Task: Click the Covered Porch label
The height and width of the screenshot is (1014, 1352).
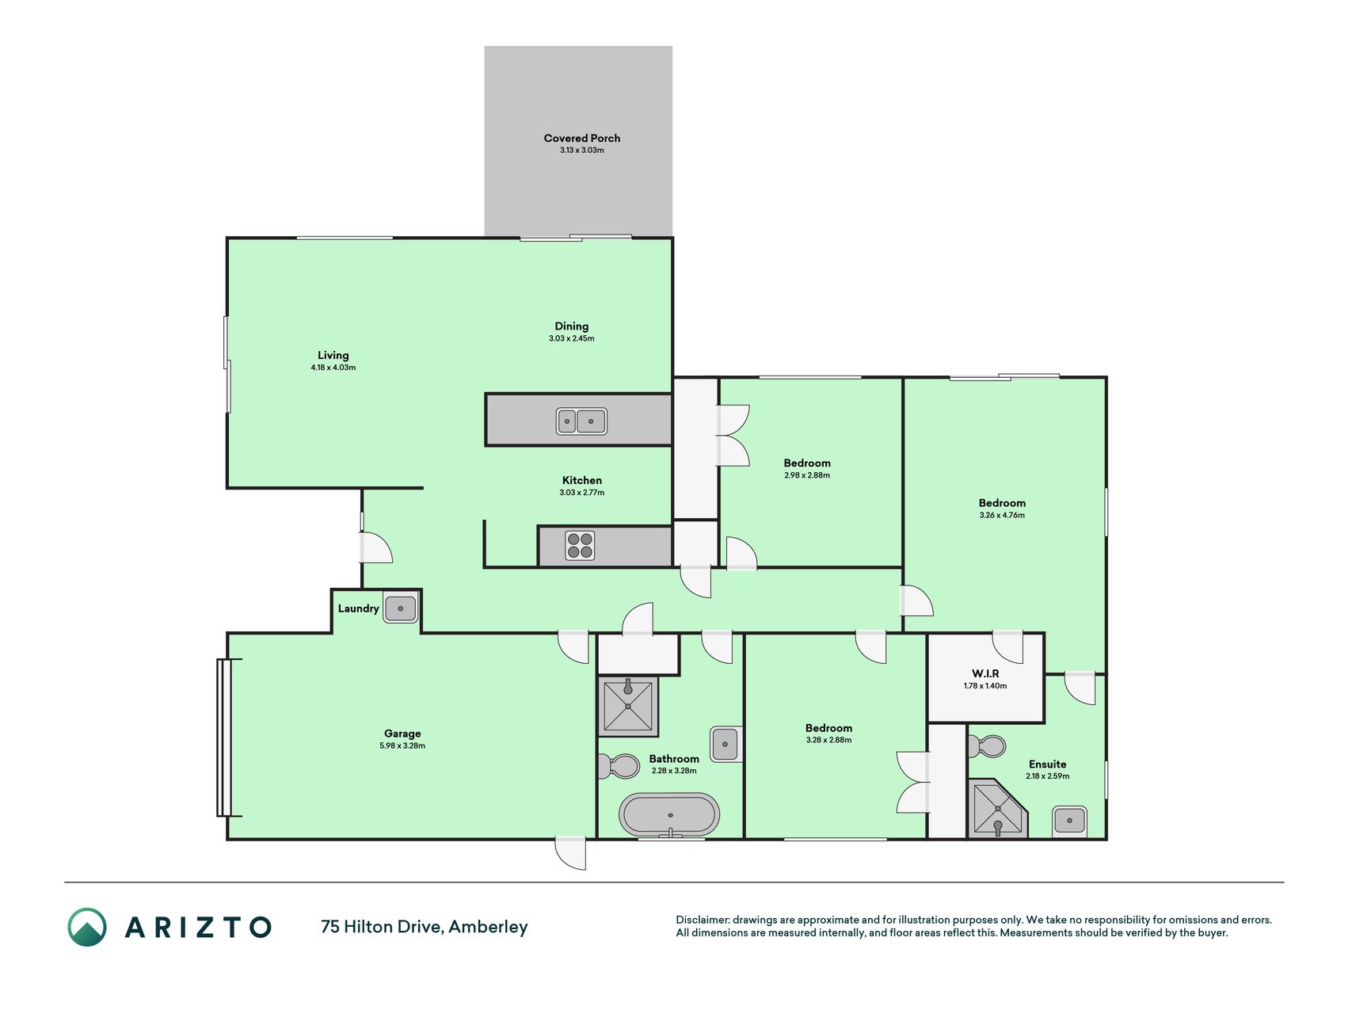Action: coord(581,138)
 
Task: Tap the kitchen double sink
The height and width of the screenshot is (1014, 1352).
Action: coord(581,421)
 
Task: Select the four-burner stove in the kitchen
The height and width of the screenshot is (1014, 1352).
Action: coord(580,546)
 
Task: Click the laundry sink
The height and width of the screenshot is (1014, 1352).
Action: coord(401,608)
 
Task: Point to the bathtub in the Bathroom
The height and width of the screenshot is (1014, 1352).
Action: coord(670,814)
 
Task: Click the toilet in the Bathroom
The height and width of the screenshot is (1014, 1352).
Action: coord(619,766)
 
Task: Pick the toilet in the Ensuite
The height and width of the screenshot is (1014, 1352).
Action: coord(987,745)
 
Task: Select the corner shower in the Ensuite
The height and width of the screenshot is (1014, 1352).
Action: coord(997,808)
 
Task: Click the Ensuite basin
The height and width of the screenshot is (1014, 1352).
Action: coord(1069,821)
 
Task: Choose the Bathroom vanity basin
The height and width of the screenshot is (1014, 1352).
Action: coord(726,744)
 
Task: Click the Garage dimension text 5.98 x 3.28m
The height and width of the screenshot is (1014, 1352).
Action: coord(402,745)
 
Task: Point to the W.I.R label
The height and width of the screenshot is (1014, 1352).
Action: coord(985,673)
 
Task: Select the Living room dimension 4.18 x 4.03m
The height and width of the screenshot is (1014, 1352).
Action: coord(333,368)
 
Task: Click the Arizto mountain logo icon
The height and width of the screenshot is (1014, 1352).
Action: coord(87,927)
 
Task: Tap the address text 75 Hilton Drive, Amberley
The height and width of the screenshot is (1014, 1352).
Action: coord(425,927)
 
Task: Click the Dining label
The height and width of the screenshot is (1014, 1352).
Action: coord(572,326)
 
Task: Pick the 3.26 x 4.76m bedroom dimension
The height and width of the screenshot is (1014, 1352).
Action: coord(1002,515)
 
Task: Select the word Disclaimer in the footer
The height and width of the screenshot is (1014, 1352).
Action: coord(702,920)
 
